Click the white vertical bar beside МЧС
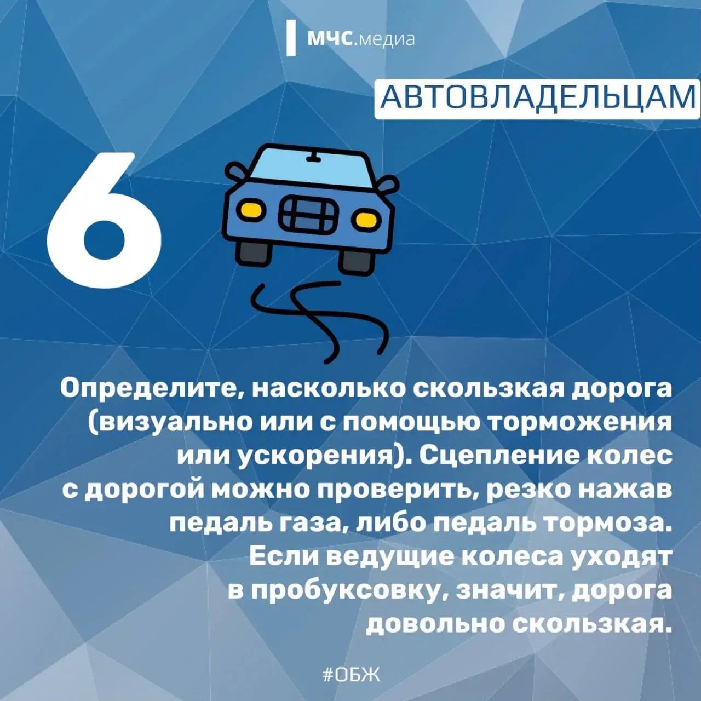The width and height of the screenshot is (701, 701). tap(291, 38)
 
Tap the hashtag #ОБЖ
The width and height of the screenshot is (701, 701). tap(350, 674)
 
